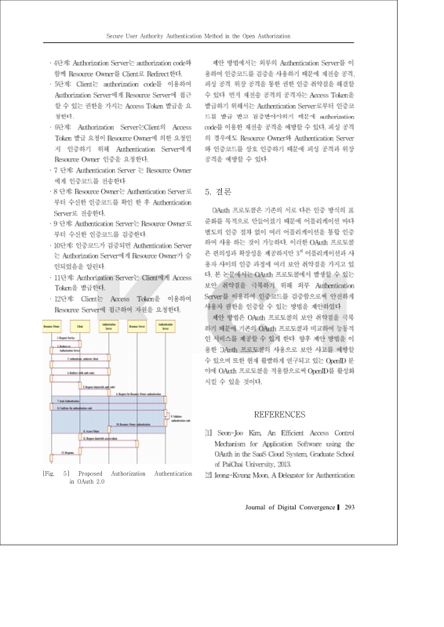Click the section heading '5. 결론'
pos(218,190)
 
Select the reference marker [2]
pos(208,475)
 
